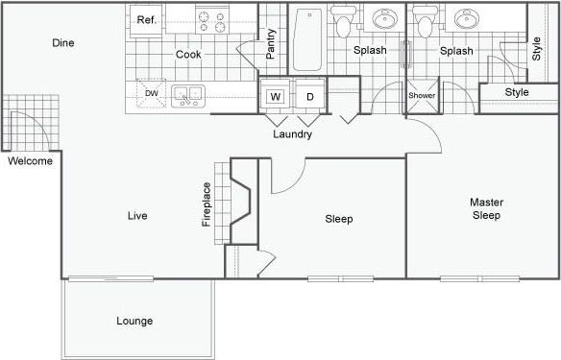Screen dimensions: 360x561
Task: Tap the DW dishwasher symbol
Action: (152, 93)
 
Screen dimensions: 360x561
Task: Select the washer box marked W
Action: (275, 97)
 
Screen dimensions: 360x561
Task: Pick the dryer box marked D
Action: (309, 97)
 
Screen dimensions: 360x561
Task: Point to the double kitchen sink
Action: (187, 94)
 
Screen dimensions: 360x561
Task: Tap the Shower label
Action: (422, 96)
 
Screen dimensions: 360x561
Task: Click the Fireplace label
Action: (206, 204)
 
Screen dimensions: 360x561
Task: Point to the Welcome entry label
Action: (30, 161)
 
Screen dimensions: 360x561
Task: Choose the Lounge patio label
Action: (134, 321)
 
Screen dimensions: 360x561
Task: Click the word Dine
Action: (62, 43)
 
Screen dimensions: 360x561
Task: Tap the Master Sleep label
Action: (485, 209)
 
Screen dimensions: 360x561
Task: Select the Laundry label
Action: (292, 134)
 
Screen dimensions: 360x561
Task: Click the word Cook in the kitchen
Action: (187, 55)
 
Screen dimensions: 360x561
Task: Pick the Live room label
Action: (137, 216)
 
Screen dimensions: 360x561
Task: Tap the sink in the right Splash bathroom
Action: (469, 20)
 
